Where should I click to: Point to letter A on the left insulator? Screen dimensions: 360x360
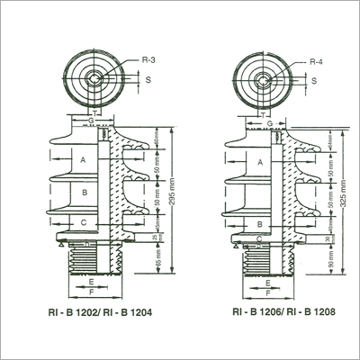[x=85, y=158]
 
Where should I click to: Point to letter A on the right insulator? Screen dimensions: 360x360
[x=260, y=162]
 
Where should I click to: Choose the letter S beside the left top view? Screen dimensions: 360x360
[x=148, y=79]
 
